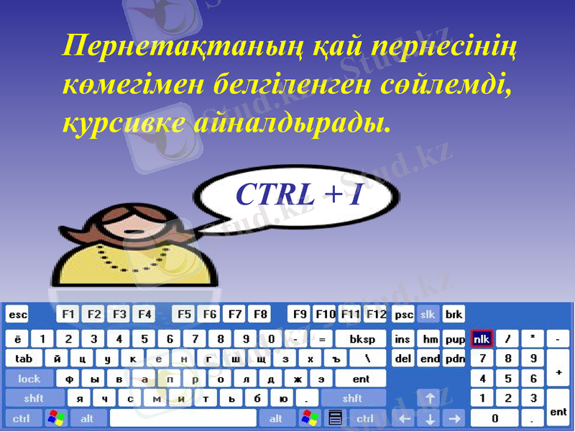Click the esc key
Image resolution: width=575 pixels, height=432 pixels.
point(17,315)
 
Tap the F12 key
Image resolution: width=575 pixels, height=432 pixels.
point(375,315)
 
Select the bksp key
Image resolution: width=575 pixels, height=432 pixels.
point(361,339)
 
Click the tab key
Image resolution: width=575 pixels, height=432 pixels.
point(24,359)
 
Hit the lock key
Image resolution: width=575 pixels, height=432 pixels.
point(29,379)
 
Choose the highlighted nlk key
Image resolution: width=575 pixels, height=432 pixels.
point(482,339)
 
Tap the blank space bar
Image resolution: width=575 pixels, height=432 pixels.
point(183,418)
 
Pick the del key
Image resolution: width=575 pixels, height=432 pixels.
point(404,359)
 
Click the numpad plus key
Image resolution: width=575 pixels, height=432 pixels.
point(558,372)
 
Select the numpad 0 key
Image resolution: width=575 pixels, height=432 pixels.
point(494,418)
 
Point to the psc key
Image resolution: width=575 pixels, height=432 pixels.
point(404,315)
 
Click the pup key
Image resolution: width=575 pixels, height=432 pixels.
point(454,339)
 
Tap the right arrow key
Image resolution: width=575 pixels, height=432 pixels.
point(454,418)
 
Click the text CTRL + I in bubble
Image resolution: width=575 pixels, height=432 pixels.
point(298,193)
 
